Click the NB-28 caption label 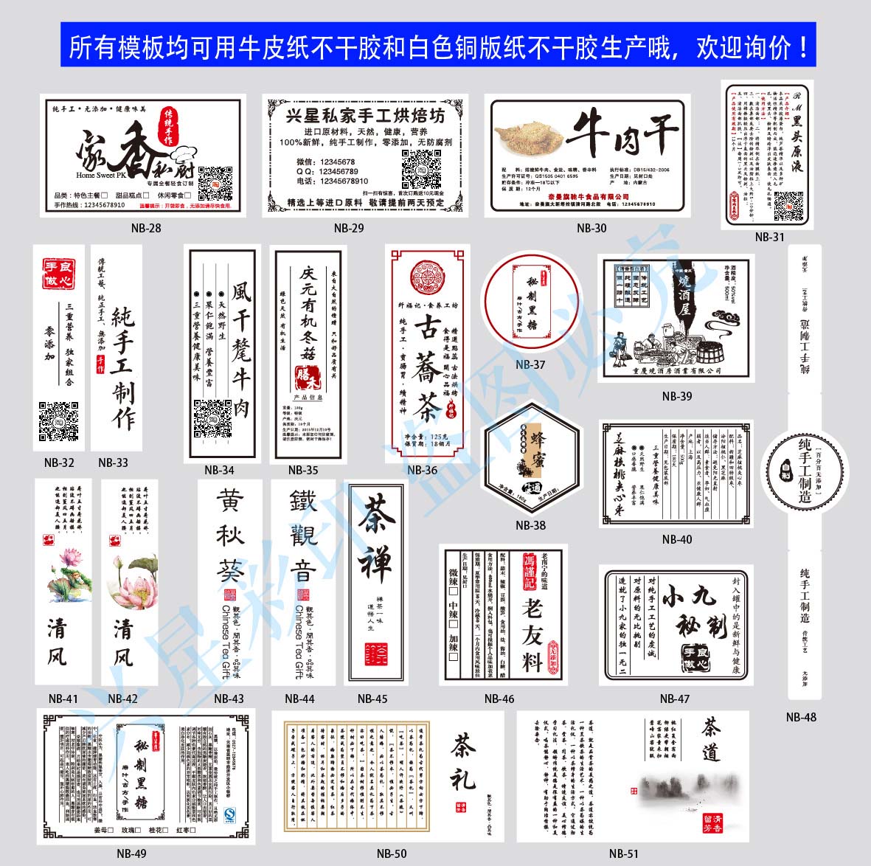pos(146,228)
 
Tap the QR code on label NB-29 pos(421,169)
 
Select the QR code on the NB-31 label pos(787,207)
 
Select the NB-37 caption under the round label pos(530,364)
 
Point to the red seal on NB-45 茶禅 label pos(376,654)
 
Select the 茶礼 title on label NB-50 pos(464,760)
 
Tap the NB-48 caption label pos(801,717)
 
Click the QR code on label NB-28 pos(215,182)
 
